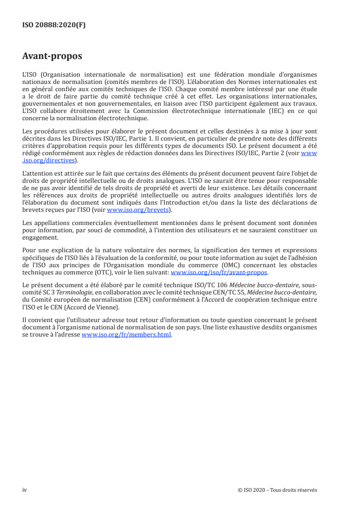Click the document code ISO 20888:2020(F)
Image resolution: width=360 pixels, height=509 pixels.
54,25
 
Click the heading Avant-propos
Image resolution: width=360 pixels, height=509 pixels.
52,57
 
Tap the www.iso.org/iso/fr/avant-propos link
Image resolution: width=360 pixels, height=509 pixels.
219,273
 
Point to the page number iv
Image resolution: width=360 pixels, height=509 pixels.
25,490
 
